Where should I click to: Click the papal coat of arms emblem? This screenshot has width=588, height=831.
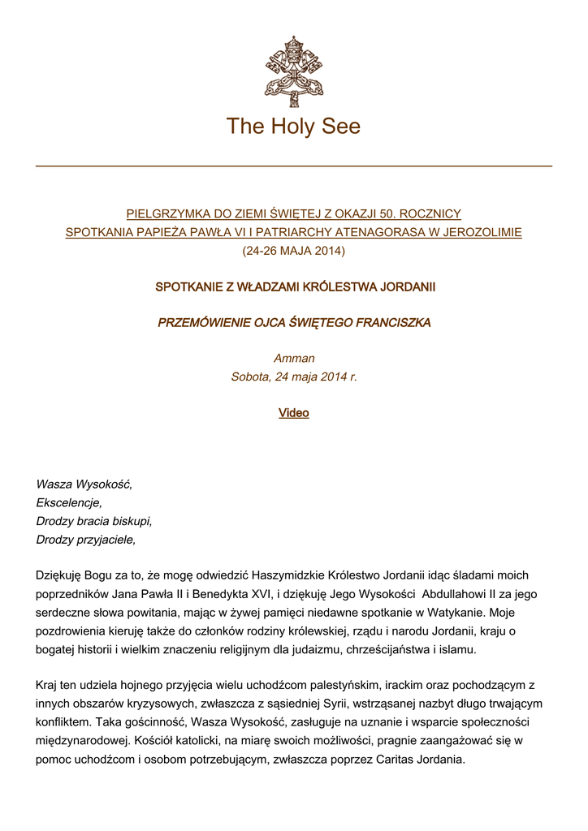point(293,71)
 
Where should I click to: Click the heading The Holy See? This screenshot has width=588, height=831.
point(293,127)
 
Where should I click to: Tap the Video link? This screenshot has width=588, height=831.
point(294,413)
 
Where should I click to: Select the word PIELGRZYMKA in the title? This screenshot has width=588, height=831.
point(167,214)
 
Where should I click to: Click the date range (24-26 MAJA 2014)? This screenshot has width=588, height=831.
point(294,251)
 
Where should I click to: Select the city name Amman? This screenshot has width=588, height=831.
point(294,359)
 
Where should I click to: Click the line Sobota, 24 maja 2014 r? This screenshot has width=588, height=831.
point(294,377)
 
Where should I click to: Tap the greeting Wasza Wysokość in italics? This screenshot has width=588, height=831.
point(84,484)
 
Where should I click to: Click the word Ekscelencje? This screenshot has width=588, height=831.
point(69,503)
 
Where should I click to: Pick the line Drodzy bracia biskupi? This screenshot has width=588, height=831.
point(94,521)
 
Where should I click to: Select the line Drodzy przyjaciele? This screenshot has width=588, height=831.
point(86,539)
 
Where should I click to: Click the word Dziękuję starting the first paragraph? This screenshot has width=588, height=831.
point(62,575)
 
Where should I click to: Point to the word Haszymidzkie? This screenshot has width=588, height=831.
point(288,575)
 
